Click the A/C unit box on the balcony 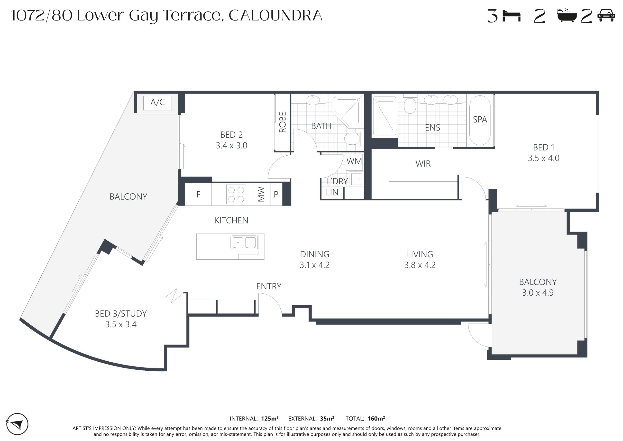(x=157, y=103)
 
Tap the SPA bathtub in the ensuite (x=480, y=120)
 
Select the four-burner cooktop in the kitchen (x=236, y=194)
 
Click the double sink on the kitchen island (x=244, y=242)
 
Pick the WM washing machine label (x=354, y=161)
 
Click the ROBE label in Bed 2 (x=283, y=122)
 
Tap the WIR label (x=423, y=164)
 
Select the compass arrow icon (x=17, y=424)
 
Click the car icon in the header (x=606, y=16)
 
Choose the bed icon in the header (x=512, y=16)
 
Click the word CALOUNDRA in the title (x=276, y=16)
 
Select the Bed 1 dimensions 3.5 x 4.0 (x=543, y=158)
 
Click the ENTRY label (x=269, y=286)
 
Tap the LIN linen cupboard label (x=332, y=193)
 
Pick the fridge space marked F (x=198, y=194)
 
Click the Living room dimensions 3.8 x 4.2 (x=420, y=265)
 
